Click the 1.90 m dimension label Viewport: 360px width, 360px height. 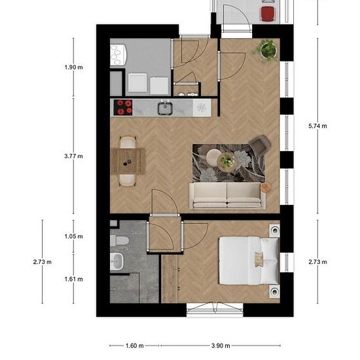point(73,67)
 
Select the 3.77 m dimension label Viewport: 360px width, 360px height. point(73,156)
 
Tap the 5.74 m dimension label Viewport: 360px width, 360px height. point(317,126)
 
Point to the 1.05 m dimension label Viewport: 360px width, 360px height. point(73,236)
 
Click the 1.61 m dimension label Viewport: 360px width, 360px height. point(73,279)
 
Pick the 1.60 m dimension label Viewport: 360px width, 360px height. point(135,346)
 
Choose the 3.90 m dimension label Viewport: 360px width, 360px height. point(221,346)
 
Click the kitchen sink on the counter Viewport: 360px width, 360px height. point(165,108)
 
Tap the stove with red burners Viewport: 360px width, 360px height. point(123,107)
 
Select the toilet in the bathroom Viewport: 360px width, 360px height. point(119,241)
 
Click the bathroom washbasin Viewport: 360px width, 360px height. point(117,261)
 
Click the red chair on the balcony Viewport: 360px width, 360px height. point(268,14)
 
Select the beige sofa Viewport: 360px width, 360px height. point(227,196)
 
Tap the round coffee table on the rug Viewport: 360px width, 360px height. point(226,162)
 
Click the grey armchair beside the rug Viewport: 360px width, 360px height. point(260,144)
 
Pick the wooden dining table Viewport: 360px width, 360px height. point(128,161)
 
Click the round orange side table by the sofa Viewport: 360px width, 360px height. point(266,188)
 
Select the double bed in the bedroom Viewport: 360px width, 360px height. point(249,261)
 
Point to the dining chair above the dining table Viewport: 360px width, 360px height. point(128,143)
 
